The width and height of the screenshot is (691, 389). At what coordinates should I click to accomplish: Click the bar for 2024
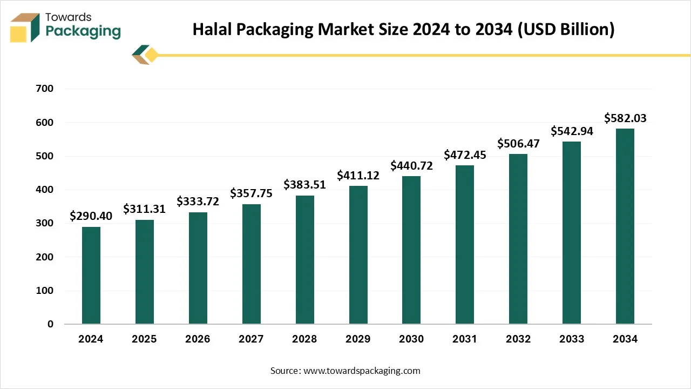tap(91, 276)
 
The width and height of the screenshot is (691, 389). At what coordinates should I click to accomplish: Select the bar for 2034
tap(625, 226)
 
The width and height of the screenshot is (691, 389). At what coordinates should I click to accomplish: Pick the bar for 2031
tap(465, 245)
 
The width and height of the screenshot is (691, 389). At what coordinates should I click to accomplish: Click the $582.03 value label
tap(625, 118)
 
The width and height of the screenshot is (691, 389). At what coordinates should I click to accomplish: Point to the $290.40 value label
tap(91, 216)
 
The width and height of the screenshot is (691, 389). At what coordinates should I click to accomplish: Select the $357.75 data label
tap(251, 193)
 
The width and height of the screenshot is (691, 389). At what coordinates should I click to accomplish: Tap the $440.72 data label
tap(411, 165)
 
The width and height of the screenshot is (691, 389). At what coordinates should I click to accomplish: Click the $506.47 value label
tap(518, 143)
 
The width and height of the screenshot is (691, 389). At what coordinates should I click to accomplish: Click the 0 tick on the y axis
tap(50, 324)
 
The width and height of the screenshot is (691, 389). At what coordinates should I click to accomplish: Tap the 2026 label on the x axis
tap(198, 339)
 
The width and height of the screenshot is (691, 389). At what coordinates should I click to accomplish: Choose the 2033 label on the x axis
tap(572, 339)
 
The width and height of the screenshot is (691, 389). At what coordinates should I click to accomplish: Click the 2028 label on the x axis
tap(304, 339)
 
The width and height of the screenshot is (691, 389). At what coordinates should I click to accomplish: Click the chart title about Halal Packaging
tap(404, 29)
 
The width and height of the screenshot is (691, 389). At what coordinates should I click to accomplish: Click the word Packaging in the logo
tap(83, 31)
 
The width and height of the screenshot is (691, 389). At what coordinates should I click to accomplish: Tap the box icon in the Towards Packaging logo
tap(25, 27)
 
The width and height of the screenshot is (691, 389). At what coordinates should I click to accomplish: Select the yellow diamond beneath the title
tap(152, 55)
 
